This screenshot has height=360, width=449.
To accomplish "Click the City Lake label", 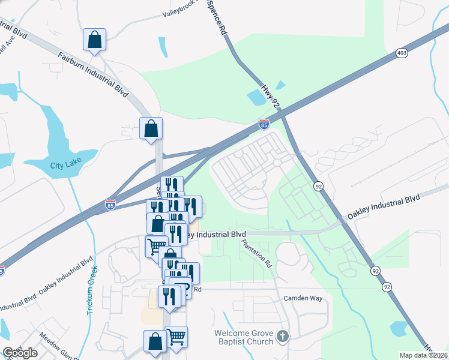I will [x=65, y=166].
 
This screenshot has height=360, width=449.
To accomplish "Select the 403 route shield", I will [x=402, y=53].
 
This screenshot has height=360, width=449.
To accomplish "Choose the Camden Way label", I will [x=303, y=298].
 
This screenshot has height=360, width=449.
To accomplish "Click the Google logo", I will [x=20, y=353].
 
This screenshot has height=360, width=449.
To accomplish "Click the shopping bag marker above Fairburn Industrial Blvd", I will [x=95, y=40].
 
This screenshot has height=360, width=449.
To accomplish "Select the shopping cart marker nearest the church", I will [x=176, y=337].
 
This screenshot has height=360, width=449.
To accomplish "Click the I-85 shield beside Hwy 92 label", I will [x=264, y=124].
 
